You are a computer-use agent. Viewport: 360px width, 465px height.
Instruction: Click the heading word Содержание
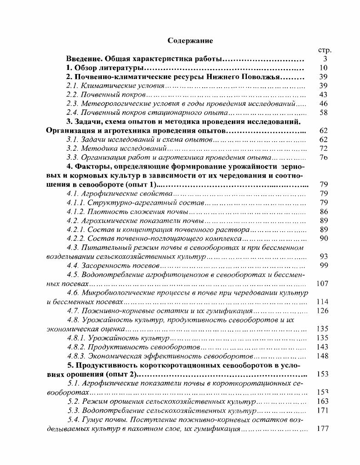click(190, 40)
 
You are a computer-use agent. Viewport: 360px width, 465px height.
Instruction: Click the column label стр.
click(325, 50)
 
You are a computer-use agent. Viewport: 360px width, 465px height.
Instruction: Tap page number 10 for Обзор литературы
click(324, 68)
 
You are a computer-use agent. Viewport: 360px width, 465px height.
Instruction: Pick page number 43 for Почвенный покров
click(324, 94)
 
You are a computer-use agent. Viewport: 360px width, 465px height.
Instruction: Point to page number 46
click(324, 104)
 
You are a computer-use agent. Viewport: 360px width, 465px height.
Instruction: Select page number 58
click(324, 113)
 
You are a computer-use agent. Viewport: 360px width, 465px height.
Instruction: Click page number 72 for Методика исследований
click(324, 148)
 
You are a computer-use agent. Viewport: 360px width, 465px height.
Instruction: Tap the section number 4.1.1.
click(75, 203)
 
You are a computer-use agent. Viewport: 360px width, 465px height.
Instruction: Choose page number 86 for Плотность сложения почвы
click(324, 212)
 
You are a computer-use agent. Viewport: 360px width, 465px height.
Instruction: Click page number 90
click(324, 238)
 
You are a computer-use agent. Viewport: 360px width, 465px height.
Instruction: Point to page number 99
click(324, 265)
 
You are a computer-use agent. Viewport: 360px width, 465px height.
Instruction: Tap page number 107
click(322, 283)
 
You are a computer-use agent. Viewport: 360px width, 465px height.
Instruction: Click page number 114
click(322, 302)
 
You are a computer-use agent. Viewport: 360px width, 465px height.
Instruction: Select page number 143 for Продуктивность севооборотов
click(322, 346)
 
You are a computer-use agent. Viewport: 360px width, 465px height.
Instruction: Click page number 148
click(322, 356)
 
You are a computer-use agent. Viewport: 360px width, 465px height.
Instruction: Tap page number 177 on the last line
click(322, 428)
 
